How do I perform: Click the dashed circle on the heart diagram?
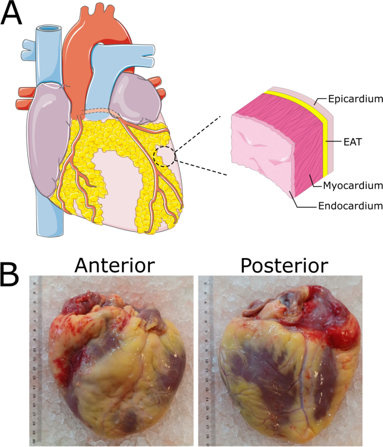pos(164,154)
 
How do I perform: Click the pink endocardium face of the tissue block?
pos(263,156)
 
